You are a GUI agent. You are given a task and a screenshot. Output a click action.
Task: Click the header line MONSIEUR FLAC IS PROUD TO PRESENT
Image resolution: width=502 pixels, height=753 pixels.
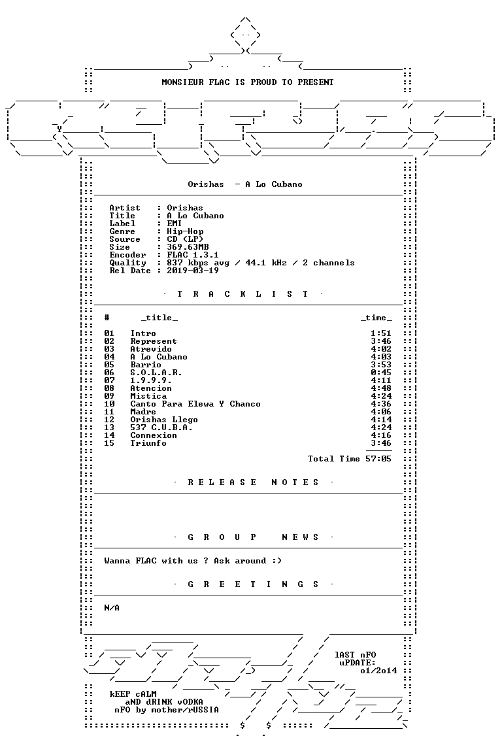[x=247, y=82]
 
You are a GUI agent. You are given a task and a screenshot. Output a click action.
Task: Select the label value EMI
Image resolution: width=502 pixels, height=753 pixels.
[x=175, y=224]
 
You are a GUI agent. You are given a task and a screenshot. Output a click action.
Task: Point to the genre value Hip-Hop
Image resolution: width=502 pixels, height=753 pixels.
[x=185, y=231]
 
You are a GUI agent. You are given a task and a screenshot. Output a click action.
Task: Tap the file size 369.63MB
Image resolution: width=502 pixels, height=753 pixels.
[x=188, y=247]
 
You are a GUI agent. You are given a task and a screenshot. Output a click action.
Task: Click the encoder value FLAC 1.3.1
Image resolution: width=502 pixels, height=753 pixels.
[x=193, y=255]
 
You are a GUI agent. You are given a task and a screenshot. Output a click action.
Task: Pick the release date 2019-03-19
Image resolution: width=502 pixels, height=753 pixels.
[x=193, y=271]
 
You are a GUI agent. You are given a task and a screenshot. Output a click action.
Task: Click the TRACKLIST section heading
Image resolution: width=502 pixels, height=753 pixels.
[x=243, y=294]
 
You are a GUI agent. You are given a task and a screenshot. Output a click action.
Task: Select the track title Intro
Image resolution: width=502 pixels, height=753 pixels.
[x=143, y=333]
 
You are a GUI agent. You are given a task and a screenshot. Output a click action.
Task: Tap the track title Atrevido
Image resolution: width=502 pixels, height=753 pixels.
[x=151, y=349]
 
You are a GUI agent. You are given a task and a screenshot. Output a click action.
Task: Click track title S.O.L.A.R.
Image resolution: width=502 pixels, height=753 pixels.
[x=156, y=373]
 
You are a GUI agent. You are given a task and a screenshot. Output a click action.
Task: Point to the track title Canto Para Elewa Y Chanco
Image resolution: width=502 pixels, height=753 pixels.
[x=195, y=404]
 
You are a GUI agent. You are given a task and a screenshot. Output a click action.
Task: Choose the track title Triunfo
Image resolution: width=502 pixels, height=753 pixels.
[x=148, y=443]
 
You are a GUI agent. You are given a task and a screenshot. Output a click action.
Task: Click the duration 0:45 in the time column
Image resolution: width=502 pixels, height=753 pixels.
[x=381, y=373]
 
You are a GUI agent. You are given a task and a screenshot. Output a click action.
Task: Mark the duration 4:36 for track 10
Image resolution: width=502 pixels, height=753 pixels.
[x=381, y=404]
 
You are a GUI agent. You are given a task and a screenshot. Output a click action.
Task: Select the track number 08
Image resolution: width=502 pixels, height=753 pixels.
[x=109, y=388]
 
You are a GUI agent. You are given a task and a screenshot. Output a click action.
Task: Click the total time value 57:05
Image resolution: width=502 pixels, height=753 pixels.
[x=378, y=459]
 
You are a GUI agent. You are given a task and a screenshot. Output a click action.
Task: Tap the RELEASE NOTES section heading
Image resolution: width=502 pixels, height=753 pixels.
[x=253, y=482]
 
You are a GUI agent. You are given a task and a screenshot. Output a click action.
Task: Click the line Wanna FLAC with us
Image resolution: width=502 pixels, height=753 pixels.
[x=193, y=561]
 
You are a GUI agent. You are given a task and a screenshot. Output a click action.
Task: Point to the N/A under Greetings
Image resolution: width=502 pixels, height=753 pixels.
[x=112, y=608]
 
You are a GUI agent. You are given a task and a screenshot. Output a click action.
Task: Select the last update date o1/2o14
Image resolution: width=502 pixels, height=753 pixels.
[x=378, y=671]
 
